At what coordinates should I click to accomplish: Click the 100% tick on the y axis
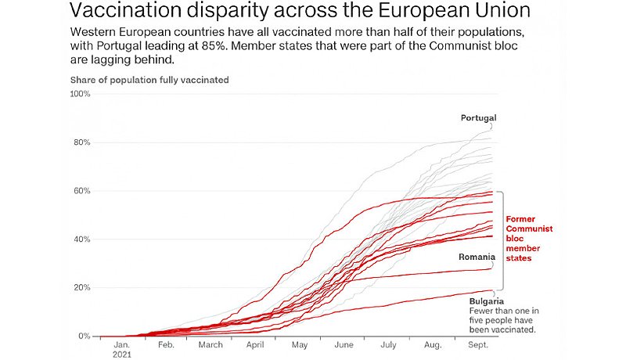click(80, 94)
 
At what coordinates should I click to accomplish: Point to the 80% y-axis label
click(81, 142)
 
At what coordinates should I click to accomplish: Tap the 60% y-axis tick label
click(81, 191)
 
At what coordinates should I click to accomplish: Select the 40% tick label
click(81, 239)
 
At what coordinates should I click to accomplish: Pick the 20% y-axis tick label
click(81, 288)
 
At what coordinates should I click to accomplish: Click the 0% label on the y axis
click(84, 337)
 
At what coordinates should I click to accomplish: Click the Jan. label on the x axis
click(122, 344)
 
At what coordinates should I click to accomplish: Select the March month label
click(210, 344)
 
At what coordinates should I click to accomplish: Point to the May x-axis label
click(300, 344)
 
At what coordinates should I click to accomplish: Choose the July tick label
click(389, 344)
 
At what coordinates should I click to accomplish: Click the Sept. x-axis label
click(478, 344)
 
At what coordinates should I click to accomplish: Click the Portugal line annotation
click(478, 118)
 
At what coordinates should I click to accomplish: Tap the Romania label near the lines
click(477, 256)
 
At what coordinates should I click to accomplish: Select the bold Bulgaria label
click(486, 301)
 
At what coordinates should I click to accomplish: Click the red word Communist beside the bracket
click(529, 229)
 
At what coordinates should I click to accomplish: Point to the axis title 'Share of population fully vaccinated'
click(149, 80)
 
